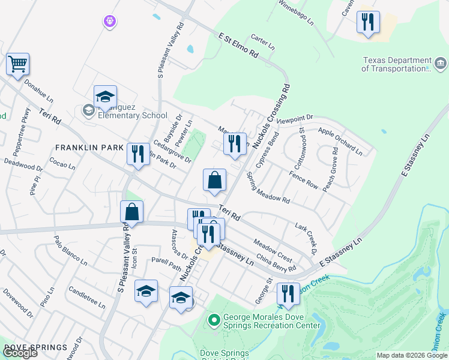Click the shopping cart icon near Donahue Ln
(18, 64)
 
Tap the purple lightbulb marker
(109, 22)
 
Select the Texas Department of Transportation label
(397, 65)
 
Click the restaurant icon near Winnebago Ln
(367, 22)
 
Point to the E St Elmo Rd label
(238, 46)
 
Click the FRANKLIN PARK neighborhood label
(89, 147)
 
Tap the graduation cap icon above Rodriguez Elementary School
(105, 96)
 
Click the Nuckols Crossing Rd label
(271, 116)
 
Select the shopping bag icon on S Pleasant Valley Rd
(131, 211)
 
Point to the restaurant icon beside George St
(288, 293)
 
